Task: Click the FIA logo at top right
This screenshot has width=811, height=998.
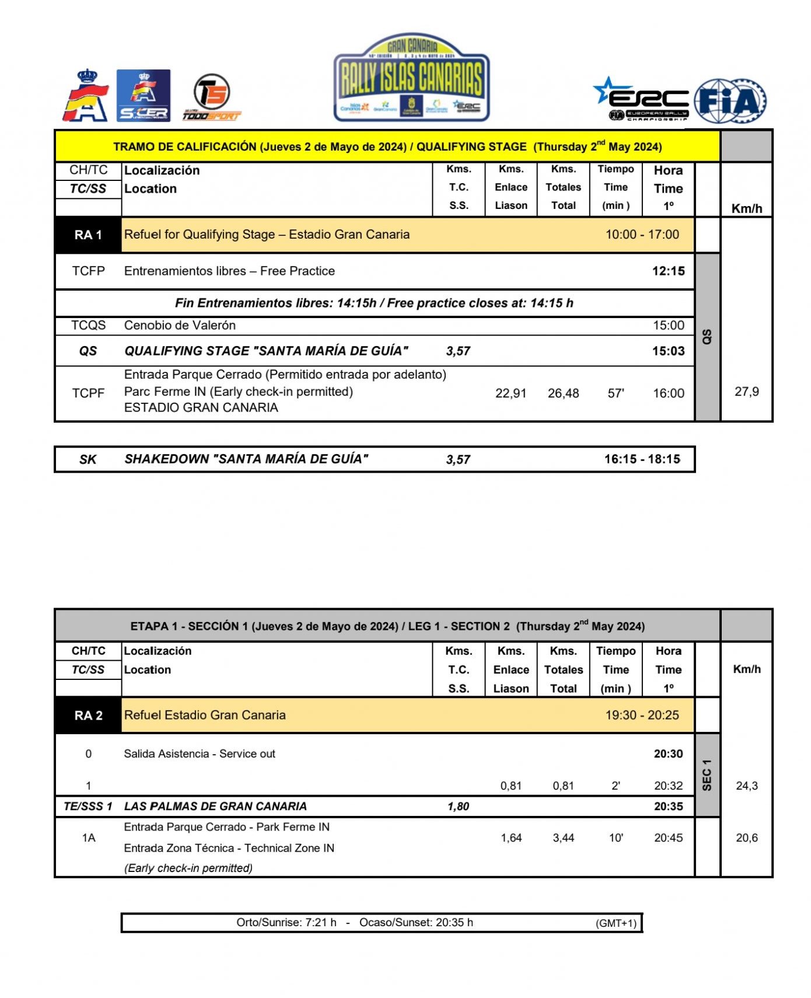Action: (730, 101)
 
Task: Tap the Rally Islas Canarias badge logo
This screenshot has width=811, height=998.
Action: (411, 78)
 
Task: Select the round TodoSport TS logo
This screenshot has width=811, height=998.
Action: (211, 93)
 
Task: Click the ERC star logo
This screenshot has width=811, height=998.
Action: (641, 99)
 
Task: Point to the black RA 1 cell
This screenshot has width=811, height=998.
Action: (88, 235)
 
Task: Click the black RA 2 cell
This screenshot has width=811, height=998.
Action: (88, 716)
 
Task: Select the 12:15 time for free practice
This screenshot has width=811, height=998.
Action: (668, 271)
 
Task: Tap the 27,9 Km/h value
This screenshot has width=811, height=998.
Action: (746, 392)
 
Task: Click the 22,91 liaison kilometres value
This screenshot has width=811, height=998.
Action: (511, 393)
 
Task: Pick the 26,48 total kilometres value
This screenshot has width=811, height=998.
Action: (563, 393)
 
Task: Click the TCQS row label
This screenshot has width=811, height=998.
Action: (88, 325)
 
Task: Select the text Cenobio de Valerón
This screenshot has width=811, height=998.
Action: (180, 325)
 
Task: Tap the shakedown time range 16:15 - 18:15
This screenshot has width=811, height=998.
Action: (642, 459)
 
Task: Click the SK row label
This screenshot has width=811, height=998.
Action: (88, 459)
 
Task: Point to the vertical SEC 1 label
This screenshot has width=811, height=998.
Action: (707, 775)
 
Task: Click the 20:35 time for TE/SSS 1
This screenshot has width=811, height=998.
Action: (668, 807)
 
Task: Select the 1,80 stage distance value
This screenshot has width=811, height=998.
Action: (458, 807)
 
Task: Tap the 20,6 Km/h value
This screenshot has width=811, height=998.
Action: (746, 838)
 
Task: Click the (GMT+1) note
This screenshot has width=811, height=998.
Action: (616, 923)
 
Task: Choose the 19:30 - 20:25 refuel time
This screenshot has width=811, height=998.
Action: (642, 716)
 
